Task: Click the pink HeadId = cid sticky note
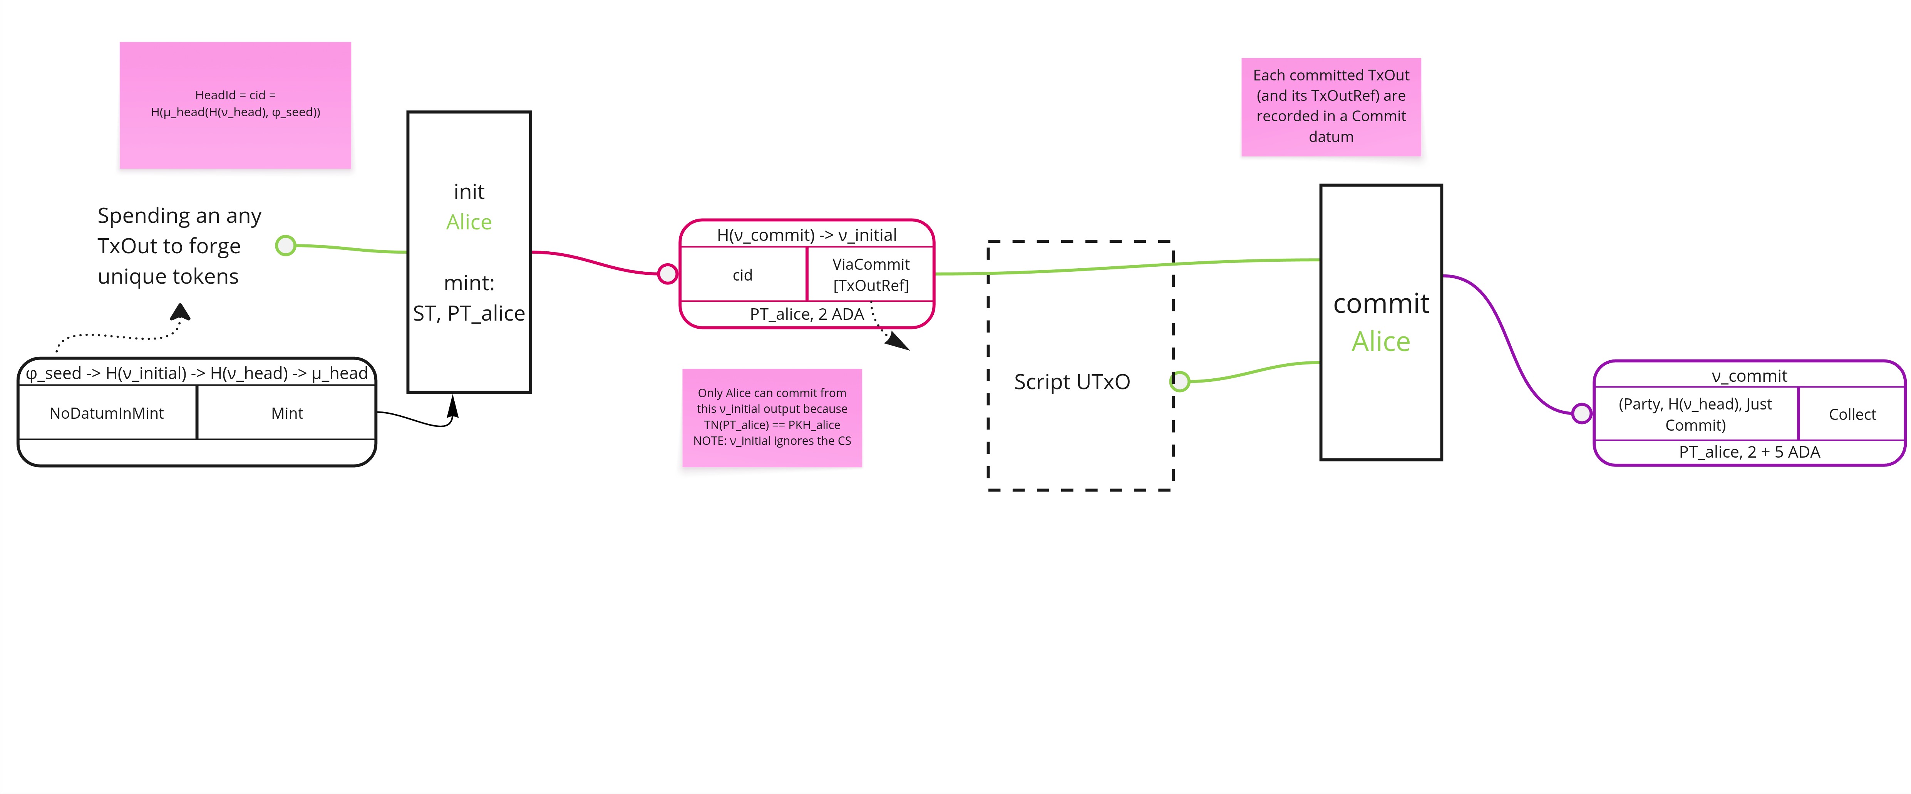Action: tap(235, 105)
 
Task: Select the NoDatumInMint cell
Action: tap(107, 413)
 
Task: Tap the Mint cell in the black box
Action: tap(287, 413)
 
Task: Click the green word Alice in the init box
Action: tap(469, 222)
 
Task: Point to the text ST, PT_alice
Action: tap(469, 314)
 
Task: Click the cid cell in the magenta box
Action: tap(743, 275)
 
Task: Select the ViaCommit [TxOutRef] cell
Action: tap(870, 274)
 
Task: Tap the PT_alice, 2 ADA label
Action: tap(806, 314)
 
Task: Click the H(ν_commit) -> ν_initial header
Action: tap(806, 235)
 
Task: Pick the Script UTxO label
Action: tap(1072, 382)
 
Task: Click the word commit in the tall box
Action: tap(1380, 303)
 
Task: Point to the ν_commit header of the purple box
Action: tap(1749, 376)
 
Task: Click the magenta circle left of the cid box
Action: tap(668, 274)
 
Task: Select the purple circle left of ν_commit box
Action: tap(1582, 413)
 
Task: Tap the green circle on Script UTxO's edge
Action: tap(1179, 382)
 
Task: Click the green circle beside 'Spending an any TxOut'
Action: tap(286, 246)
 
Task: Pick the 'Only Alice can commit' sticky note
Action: tap(772, 417)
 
